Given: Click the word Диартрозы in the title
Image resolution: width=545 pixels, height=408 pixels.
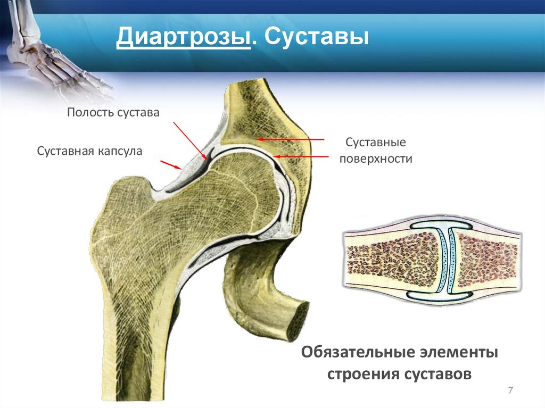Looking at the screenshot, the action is (x=184, y=39).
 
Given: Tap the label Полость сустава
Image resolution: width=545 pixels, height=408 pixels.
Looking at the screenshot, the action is (x=113, y=113).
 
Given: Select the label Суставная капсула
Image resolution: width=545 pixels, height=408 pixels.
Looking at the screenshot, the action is (x=89, y=151).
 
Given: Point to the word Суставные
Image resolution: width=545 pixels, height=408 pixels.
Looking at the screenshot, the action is (x=376, y=143).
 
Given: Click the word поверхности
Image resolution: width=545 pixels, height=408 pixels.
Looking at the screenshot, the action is (x=376, y=159).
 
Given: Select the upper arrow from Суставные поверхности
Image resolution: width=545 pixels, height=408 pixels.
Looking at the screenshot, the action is (x=290, y=139).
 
